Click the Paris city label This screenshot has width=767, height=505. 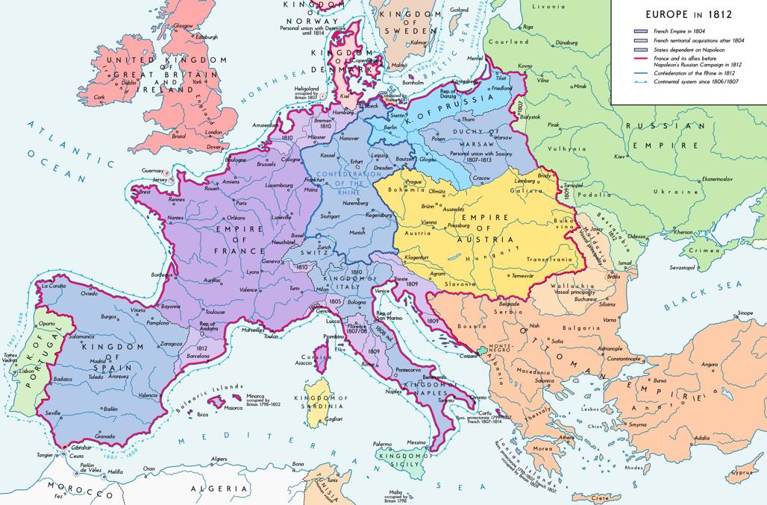[x=241, y=203]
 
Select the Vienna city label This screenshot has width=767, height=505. [x=430, y=222]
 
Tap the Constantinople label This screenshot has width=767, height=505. [x=627, y=359]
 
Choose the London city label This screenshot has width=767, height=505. [x=214, y=132]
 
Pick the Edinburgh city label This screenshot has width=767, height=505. [x=207, y=37]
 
